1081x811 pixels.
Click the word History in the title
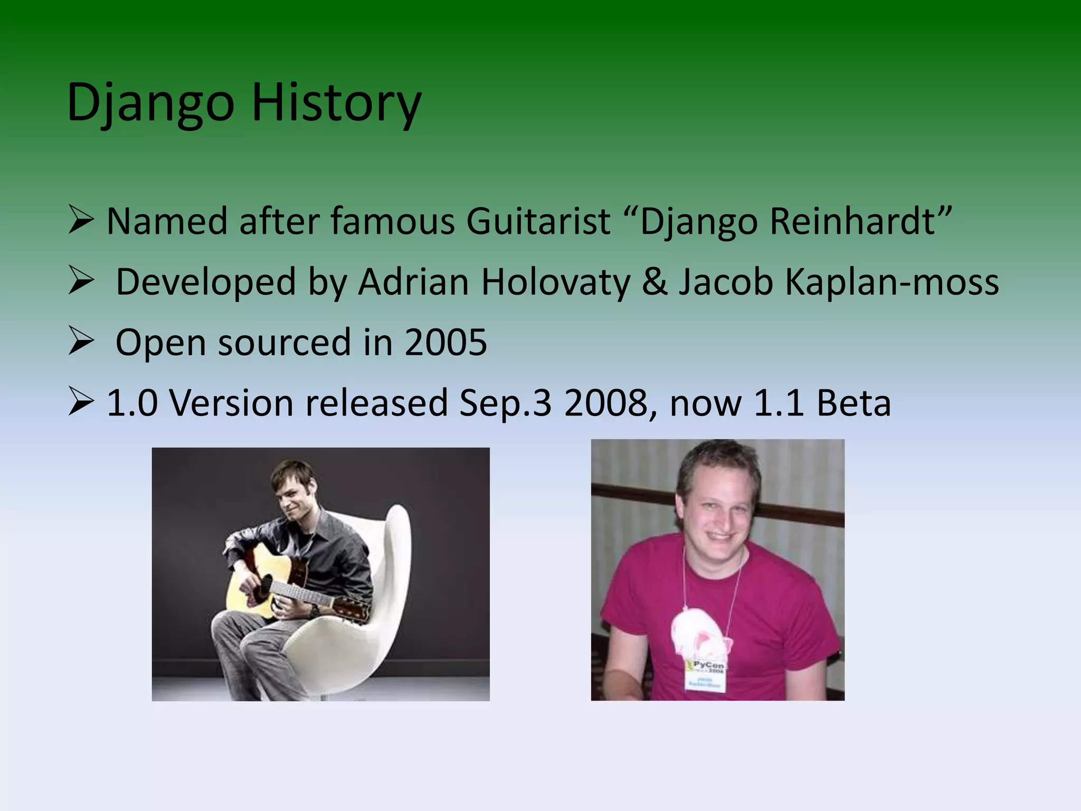coord(336,103)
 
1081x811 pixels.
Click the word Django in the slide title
coord(150,103)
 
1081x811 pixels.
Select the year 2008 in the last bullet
coord(605,403)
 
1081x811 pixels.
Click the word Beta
coord(854,403)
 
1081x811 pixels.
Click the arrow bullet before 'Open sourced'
coord(81,342)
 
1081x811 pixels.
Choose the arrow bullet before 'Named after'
coord(81,220)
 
